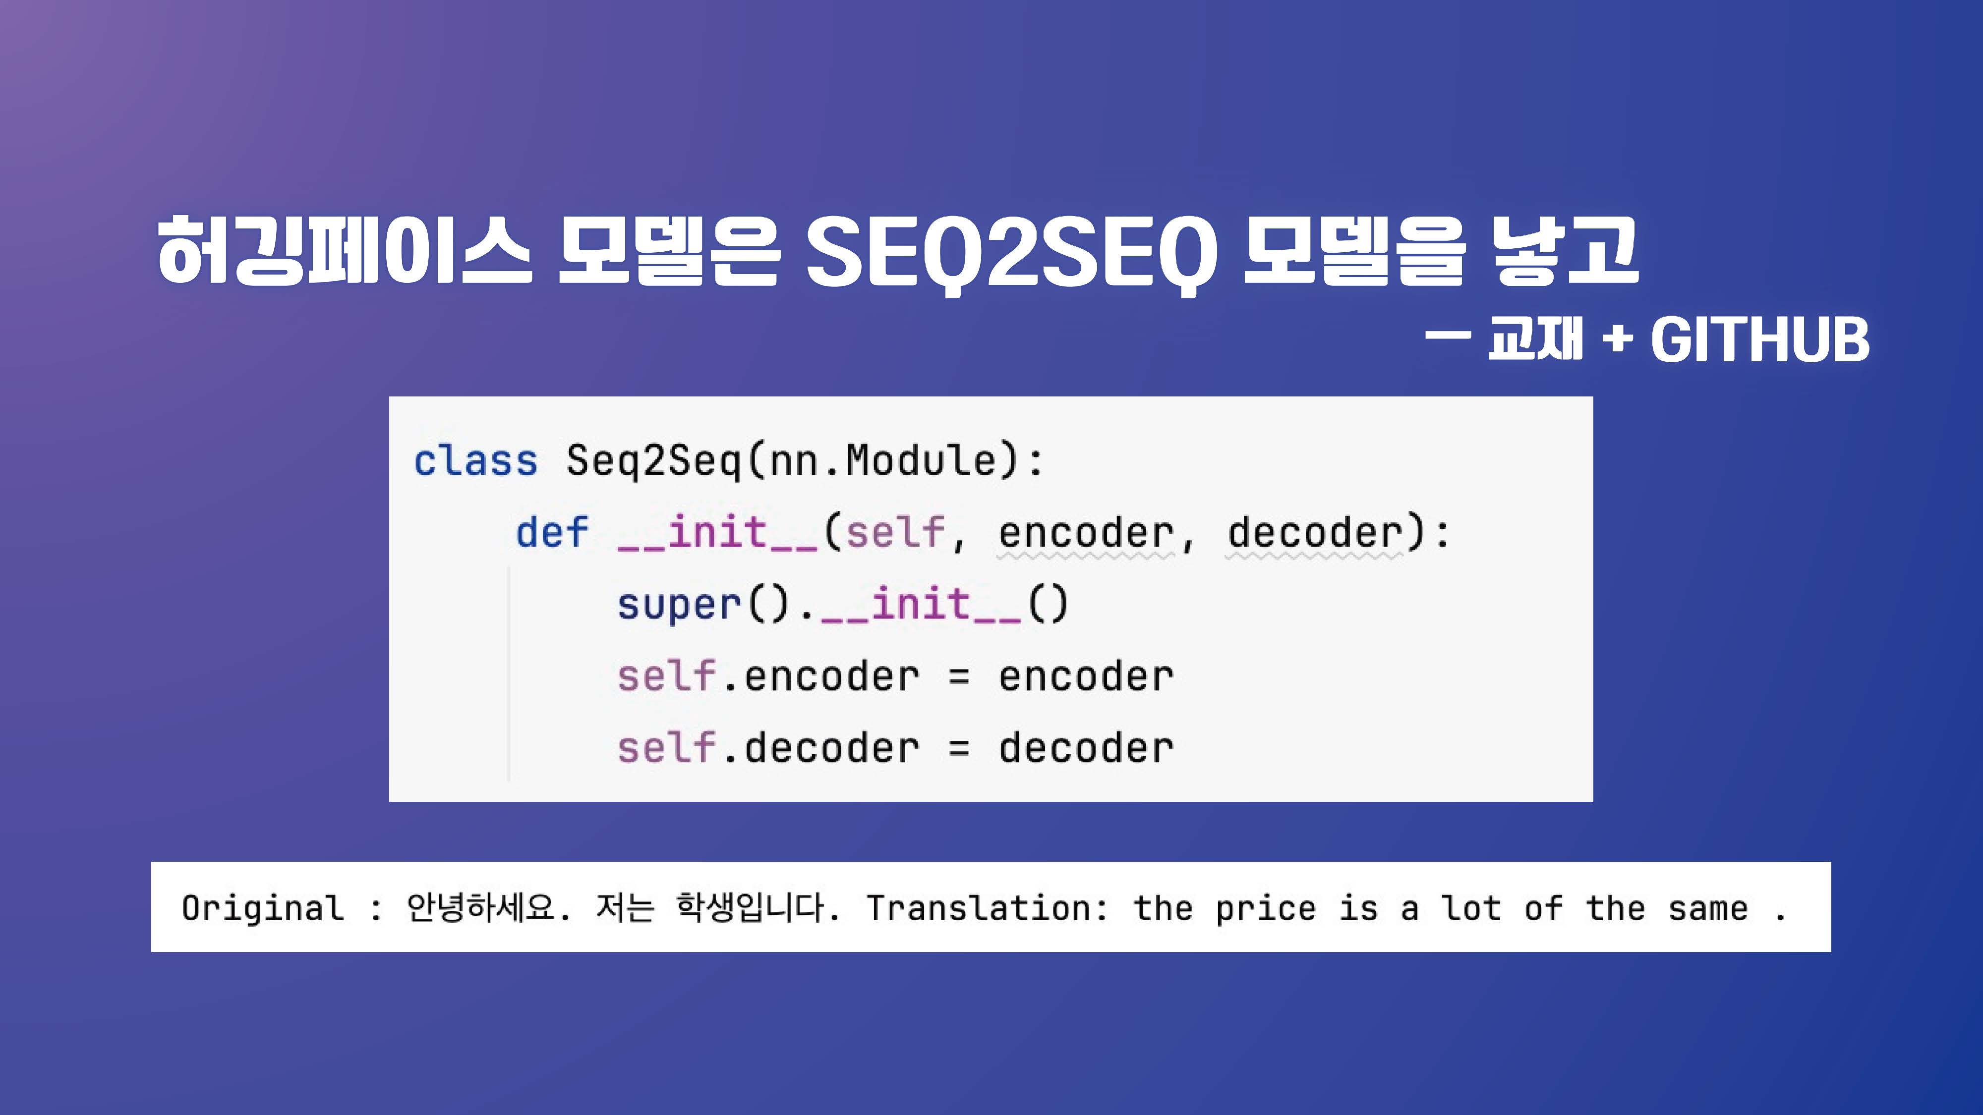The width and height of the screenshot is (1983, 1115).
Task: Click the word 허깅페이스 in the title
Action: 344,250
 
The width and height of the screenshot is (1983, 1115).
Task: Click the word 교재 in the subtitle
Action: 1536,338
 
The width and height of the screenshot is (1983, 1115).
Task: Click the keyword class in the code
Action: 475,461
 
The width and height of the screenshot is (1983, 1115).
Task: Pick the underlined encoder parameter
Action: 1085,533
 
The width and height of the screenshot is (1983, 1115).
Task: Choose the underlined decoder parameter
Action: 1314,533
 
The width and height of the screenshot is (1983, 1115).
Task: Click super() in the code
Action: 703,604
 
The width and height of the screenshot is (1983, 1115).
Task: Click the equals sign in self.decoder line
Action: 958,748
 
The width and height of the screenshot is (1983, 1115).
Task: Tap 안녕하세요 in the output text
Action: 481,907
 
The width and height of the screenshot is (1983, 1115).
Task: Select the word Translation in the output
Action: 979,907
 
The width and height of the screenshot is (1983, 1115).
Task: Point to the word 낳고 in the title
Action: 1565,250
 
